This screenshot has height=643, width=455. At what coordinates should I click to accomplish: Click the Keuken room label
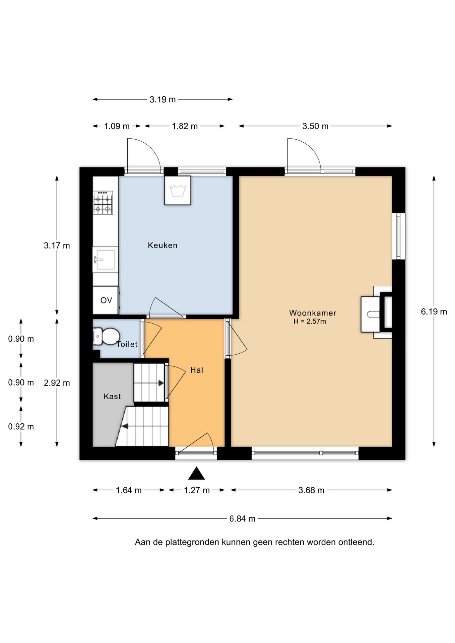point(162,245)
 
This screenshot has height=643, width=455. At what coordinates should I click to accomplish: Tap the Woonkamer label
point(313,313)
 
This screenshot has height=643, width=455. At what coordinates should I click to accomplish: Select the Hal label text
point(197,370)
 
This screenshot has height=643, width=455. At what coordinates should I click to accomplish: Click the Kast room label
point(112,397)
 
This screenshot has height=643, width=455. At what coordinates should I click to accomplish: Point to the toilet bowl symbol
point(106,336)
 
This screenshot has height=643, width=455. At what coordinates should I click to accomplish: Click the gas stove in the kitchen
point(103,203)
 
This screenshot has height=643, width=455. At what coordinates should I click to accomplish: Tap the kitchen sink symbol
point(105,260)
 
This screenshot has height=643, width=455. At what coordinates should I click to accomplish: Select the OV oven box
point(106,300)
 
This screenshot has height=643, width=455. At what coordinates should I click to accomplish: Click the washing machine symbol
point(178,191)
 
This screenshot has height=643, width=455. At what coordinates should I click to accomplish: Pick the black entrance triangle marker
point(196,474)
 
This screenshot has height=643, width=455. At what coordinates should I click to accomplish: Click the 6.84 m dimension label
point(242,519)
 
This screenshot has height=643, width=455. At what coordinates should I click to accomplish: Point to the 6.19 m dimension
point(434,311)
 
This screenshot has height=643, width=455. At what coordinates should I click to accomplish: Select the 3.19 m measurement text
point(162,99)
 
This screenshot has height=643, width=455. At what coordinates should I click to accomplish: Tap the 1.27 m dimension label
point(197,490)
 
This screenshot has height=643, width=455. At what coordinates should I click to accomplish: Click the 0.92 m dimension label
point(21,427)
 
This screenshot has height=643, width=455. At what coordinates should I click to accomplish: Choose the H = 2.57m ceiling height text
point(310,321)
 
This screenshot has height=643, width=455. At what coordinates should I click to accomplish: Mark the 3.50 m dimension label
point(315,126)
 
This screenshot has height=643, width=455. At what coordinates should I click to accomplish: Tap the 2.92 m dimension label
point(57,383)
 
